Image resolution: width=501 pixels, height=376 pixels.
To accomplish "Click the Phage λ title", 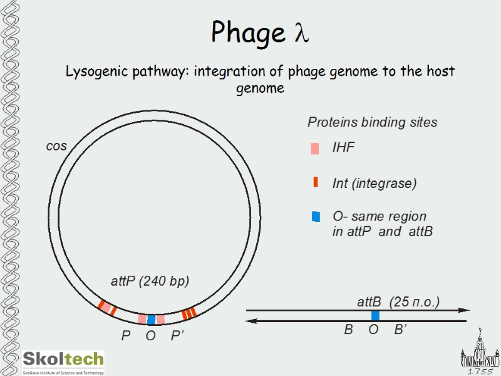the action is tap(259, 33).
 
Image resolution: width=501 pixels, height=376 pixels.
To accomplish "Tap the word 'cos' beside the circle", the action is tap(56, 146).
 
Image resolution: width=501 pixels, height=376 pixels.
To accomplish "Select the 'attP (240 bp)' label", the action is tap(150, 281).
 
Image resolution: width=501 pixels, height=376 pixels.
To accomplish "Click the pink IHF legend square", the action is tap(315, 149).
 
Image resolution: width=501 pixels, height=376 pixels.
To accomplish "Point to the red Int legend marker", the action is tap(316, 182).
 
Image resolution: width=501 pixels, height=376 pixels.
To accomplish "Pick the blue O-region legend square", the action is tap(316, 217).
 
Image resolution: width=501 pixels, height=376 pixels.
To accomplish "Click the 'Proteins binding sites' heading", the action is tap(372, 123).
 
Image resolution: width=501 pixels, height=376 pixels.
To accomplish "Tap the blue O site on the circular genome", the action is tap(151, 319).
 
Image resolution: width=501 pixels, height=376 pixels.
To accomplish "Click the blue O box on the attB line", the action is tap(375, 315).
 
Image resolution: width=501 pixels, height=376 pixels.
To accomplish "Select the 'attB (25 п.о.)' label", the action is tap(398, 302).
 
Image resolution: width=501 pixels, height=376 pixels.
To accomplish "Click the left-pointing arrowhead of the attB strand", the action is tap(251, 321).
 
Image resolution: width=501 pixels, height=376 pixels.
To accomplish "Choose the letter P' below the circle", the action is tap(177, 337).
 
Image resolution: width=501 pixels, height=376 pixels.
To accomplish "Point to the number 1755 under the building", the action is tap(480, 371).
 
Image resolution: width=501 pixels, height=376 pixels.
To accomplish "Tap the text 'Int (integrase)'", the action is tap(374, 184).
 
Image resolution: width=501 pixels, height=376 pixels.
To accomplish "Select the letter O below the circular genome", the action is tap(150, 337).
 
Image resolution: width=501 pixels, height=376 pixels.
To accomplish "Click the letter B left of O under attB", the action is tap(348, 330).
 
